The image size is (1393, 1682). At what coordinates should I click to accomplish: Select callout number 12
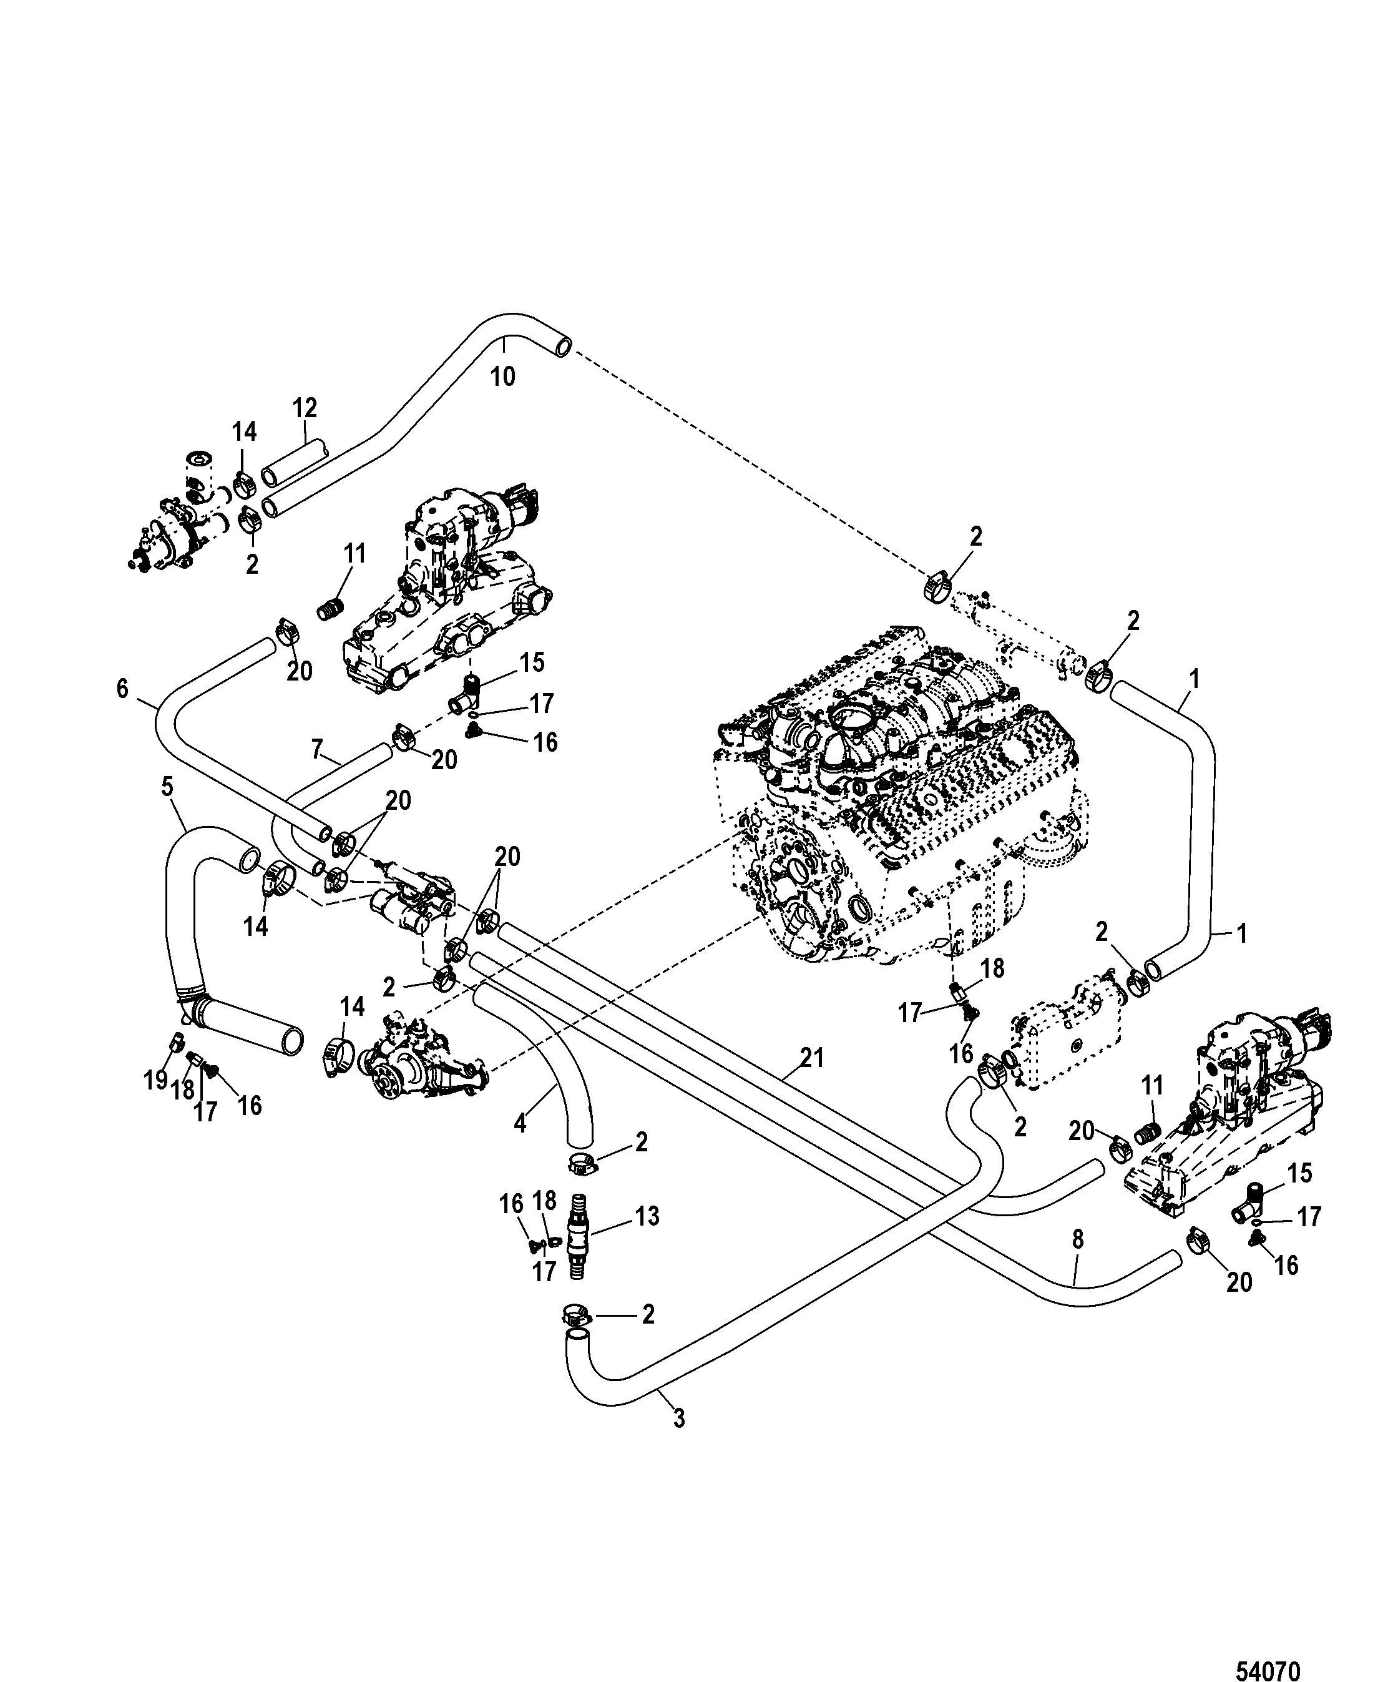coord(305,408)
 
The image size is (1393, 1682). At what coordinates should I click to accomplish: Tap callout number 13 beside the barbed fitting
coord(647,1217)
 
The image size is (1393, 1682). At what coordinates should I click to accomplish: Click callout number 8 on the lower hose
coord(1078,1240)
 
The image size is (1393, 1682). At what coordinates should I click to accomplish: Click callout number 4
coord(521,1124)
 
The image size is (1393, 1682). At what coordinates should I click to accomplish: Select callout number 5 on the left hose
coord(167,787)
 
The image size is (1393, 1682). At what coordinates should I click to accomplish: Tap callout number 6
coord(122,688)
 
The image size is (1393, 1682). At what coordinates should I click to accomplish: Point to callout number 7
coord(317,750)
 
